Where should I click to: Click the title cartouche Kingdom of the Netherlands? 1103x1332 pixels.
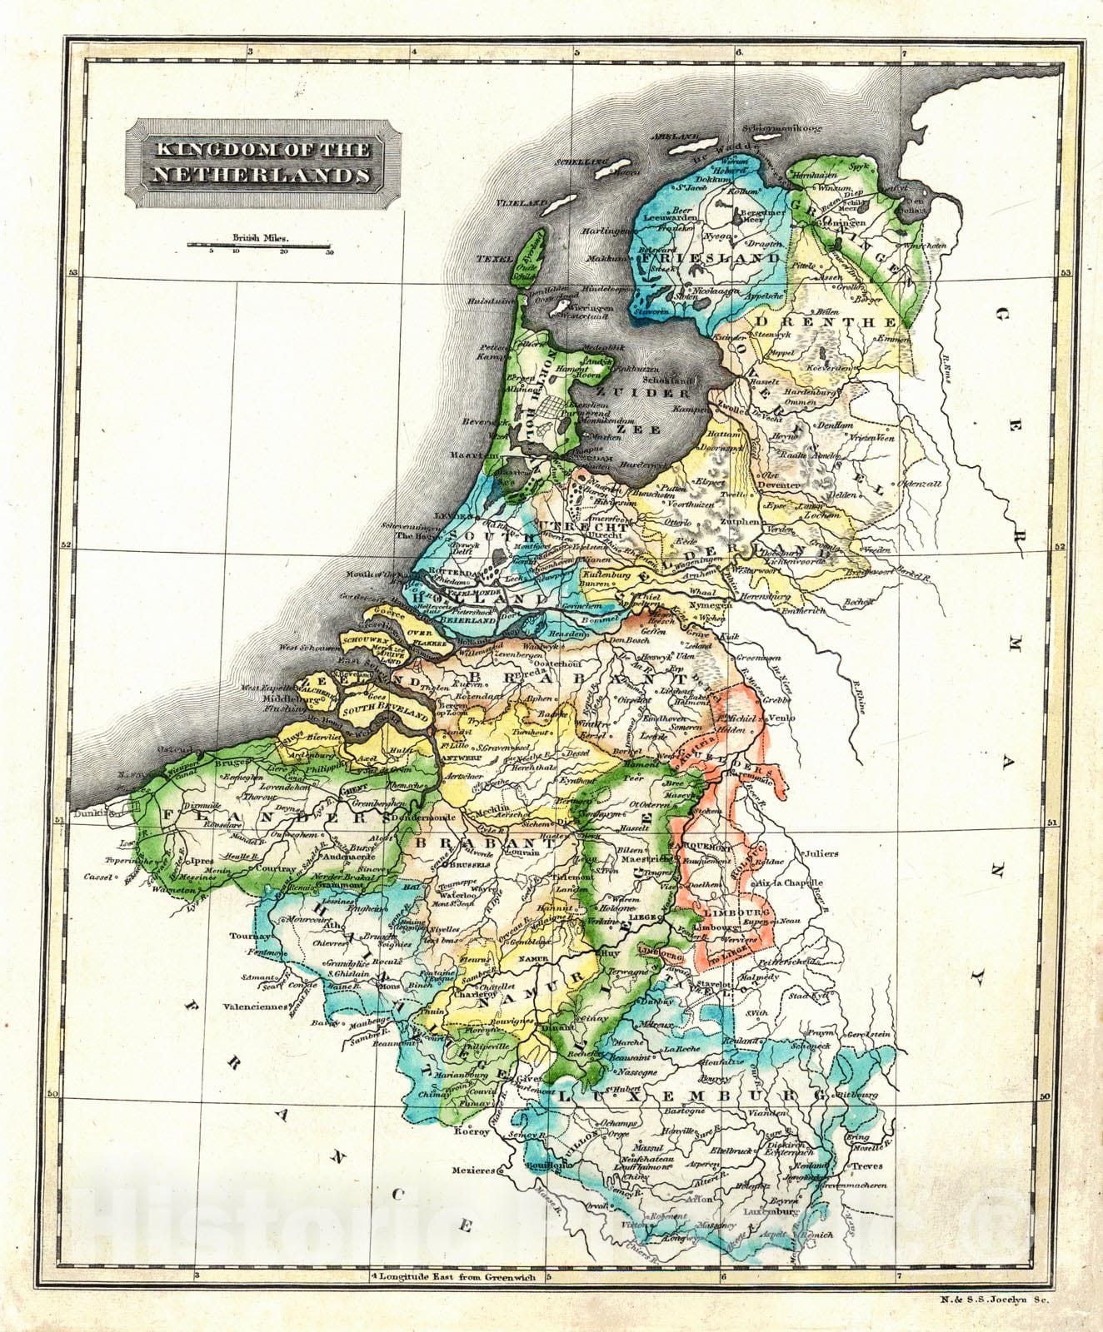[259, 162]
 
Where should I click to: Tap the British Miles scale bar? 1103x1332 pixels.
[258, 246]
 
